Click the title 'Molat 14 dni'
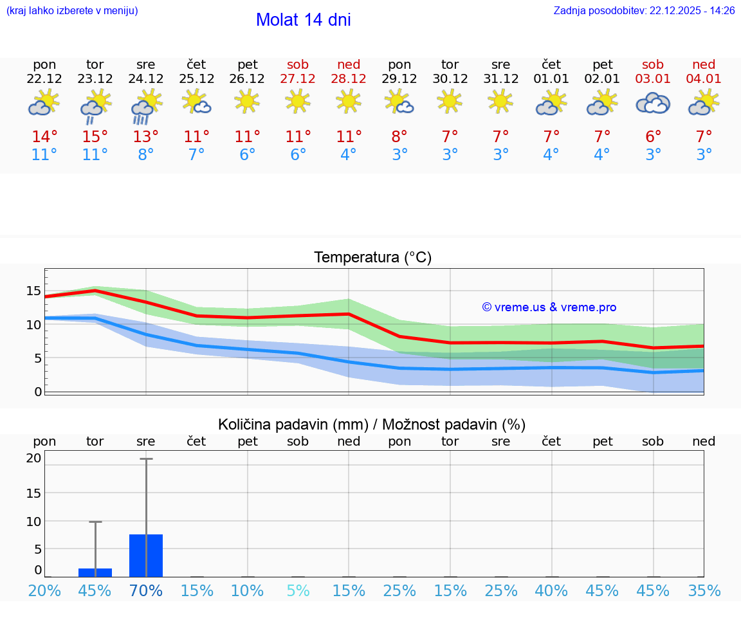click(x=303, y=20)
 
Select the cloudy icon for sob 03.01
click(x=653, y=104)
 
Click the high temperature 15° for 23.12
click(x=95, y=137)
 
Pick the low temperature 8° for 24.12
click(x=146, y=155)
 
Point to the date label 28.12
click(x=349, y=79)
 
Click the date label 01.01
click(x=551, y=79)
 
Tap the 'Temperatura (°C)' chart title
click(x=372, y=258)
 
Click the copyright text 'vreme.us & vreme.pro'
click(x=549, y=307)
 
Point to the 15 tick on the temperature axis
click(x=33, y=291)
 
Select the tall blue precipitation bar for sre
click(x=146, y=556)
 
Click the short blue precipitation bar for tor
click(x=95, y=572)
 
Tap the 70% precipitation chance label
click(x=146, y=591)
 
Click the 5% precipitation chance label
click(x=298, y=591)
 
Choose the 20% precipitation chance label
click(x=44, y=591)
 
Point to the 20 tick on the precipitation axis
click(x=33, y=459)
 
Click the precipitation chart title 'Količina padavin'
click(x=371, y=424)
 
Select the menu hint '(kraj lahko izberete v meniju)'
click(x=72, y=11)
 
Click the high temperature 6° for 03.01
click(x=653, y=137)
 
